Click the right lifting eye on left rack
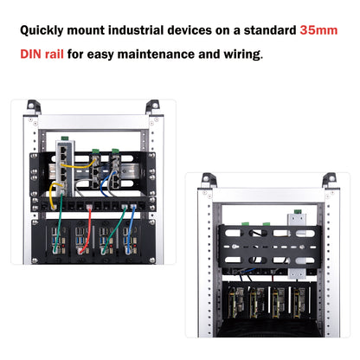point(152,106)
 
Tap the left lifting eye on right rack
point(208,179)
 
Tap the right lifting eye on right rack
point(328,179)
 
